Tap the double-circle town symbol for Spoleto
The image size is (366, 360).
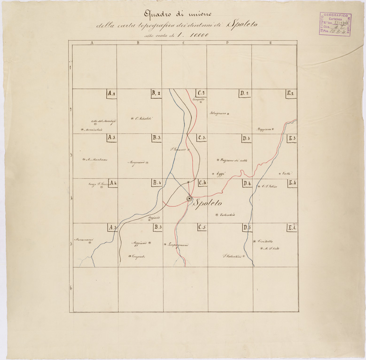[189, 199]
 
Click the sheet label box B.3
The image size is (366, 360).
[157, 138]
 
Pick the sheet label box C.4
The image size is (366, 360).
[203, 183]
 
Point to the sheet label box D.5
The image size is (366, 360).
[247, 228]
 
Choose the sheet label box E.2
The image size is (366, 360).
[291, 94]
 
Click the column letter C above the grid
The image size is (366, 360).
[182, 43]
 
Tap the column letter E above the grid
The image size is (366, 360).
[271, 43]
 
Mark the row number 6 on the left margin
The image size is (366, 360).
[71, 288]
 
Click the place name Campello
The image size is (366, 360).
[199, 100]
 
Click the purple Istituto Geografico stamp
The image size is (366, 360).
[337, 28]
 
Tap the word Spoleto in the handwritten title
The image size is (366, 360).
[245, 23]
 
